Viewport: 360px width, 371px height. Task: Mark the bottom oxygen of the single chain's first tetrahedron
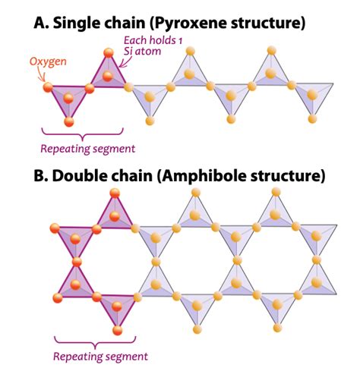[69, 121]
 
